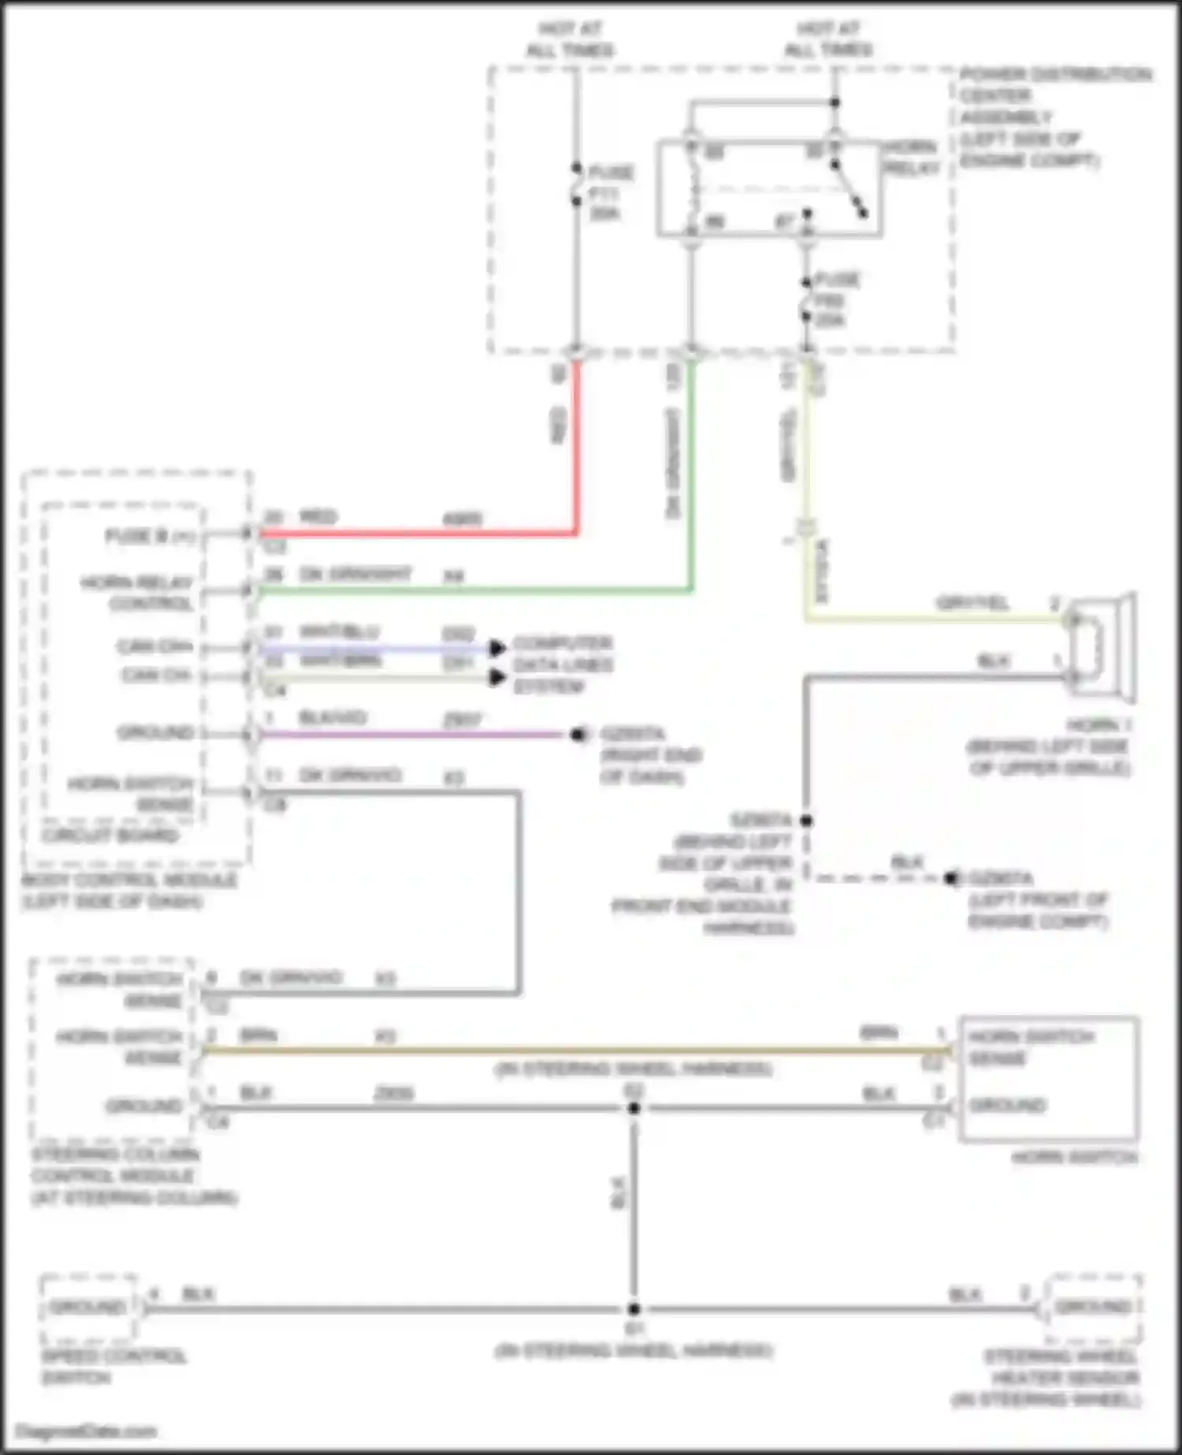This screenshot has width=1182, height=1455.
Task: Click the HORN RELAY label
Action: click(911, 158)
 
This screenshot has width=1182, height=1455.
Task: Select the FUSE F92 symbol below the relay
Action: click(806, 300)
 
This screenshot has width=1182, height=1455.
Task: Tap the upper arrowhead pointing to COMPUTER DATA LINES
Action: click(496, 648)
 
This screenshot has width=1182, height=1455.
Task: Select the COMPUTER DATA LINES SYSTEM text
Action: click(562, 664)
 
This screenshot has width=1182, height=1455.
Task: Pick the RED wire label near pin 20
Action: click(318, 517)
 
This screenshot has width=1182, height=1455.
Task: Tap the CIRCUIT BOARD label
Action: click(111, 835)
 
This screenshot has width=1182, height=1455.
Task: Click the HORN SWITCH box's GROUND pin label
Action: click(1008, 1104)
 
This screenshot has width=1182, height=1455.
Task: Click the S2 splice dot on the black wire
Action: click(634, 1108)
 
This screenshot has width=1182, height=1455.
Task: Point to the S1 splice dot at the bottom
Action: click(634, 1309)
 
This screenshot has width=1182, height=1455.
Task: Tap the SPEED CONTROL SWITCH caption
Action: click(113, 1367)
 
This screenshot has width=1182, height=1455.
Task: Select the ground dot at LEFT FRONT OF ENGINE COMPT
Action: click(952, 877)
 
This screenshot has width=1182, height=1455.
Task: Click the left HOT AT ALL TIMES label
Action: click(571, 39)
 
